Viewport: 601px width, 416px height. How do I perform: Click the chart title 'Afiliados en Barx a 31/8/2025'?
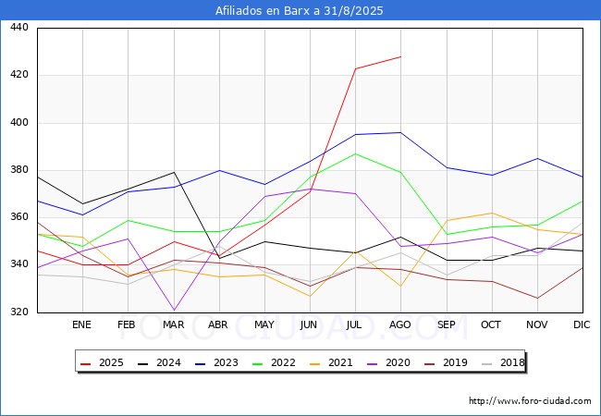(x=300, y=11)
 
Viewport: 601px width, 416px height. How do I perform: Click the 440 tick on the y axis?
(x=19, y=28)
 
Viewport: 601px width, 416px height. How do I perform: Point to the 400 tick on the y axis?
(x=19, y=123)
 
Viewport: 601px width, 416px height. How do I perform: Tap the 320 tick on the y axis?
(x=19, y=312)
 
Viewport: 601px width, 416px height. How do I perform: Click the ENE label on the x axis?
(x=82, y=325)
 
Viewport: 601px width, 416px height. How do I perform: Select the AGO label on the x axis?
(x=400, y=325)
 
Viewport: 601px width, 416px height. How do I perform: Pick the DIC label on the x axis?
(x=582, y=325)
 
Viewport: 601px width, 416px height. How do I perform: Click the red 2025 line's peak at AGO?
(x=400, y=56)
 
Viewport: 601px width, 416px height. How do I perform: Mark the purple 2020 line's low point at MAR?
(x=174, y=311)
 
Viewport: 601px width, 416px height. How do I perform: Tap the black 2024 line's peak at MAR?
(x=174, y=172)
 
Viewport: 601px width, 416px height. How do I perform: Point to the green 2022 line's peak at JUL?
(x=355, y=153)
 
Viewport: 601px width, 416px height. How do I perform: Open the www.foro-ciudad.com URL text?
(x=530, y=401)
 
